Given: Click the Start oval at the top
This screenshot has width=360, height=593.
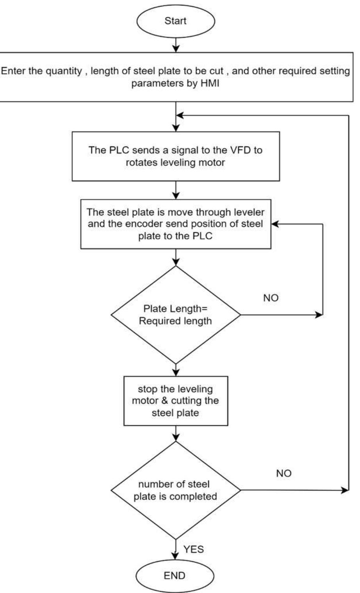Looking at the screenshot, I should pyautogui.click(x=176, y=20).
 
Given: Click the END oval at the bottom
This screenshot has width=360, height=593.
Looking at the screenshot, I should pyautogui.click(x=175, y=575).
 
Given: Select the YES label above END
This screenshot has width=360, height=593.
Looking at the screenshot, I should pyautogui.click(x=193, y=549).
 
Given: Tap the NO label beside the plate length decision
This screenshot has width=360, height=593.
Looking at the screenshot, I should pyautogui.click(x=271, y=298).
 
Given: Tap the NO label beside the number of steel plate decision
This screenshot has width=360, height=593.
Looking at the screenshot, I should pyautogui.click(x=283, y=473).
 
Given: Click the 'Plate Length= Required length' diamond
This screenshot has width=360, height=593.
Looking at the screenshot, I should pyautogui.click(x=176, y=315).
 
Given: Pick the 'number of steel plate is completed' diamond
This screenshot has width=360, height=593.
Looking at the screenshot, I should pyautogui.click(x=176, y=490).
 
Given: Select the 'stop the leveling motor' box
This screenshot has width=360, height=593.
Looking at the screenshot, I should pyautogui.click(x=176, y=401).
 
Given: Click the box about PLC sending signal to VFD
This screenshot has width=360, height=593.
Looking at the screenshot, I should pyautogui.click(x=176, y=156).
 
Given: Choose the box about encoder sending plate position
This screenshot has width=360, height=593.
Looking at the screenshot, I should pyautogui.click(x=176, y=224).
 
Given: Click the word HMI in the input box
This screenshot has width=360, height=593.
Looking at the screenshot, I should pyautogui.click(x=209, y=84).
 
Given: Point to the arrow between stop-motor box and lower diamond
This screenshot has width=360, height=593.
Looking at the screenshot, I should pyautogui.click(x=176, y=433).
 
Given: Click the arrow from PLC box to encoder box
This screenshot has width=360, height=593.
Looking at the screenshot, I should pyautogui.click(x=176, y=190).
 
